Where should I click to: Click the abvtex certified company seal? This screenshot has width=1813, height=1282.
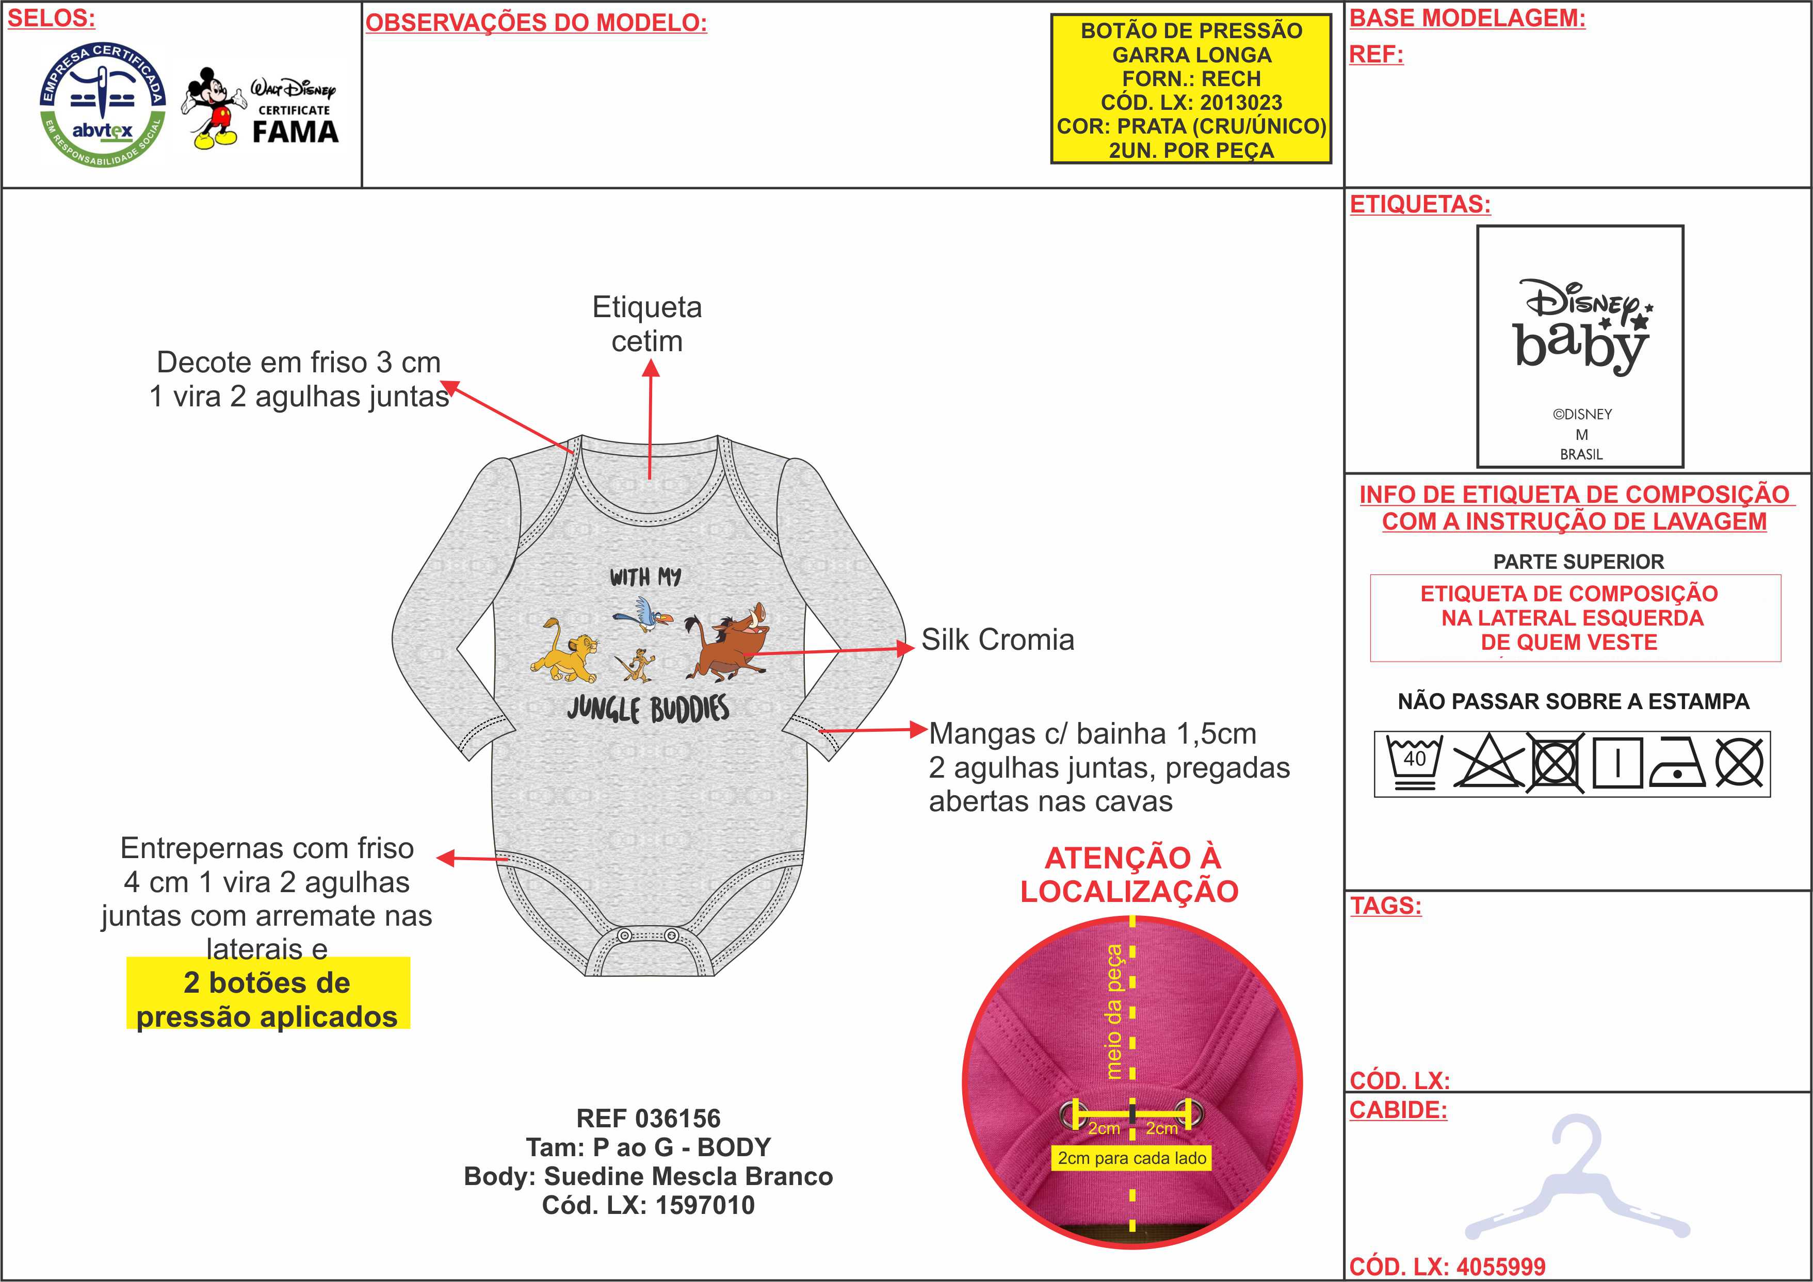point(103,105)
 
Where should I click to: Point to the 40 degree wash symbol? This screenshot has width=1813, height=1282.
point(1414,763)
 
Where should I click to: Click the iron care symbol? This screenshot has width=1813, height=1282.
point(1676,763)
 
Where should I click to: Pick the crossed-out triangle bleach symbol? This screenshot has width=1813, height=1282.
point(1487,763)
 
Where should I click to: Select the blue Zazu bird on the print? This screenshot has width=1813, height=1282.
point(643,613)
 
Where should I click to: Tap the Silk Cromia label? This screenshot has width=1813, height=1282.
point(997,639)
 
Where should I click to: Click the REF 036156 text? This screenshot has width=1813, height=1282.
point(649,1118)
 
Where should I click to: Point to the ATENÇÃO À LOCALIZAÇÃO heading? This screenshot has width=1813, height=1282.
point(1129,874)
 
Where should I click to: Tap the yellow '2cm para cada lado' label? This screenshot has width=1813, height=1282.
point(1131,1158)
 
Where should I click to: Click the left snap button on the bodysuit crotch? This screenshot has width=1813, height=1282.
point(624,935)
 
